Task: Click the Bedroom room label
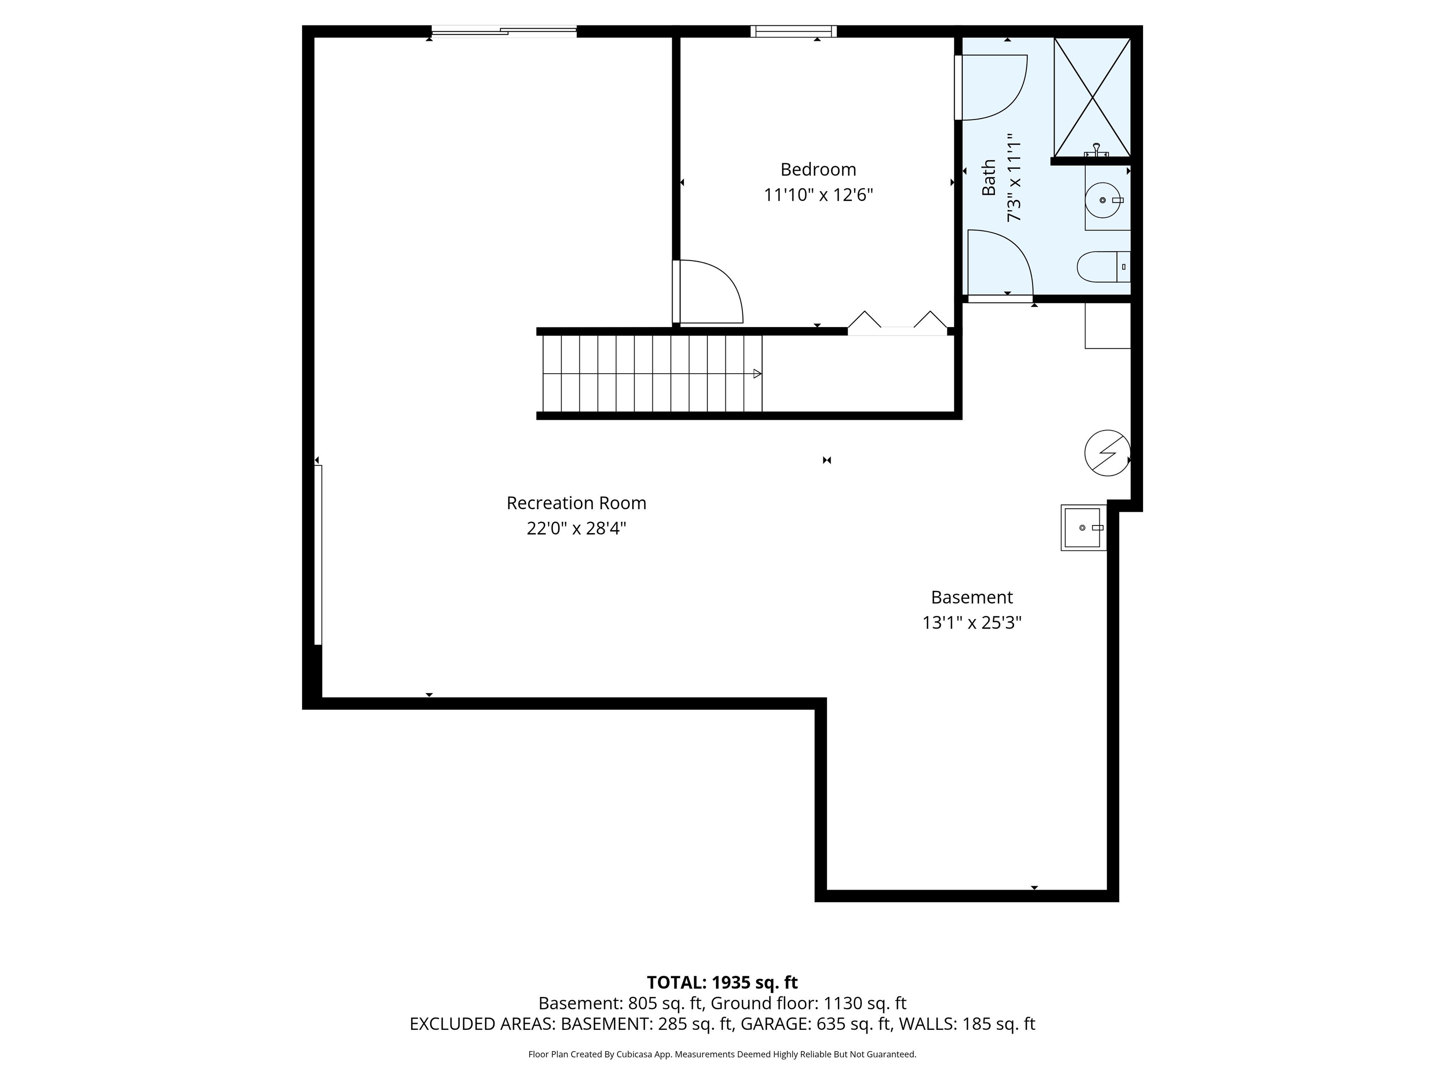click(818, 170)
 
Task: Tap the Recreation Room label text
click(576, 503)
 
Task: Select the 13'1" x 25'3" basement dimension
click(971, 623)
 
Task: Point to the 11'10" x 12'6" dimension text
click(818, 195)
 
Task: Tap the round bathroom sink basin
click(1104, 200)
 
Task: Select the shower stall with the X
click(1092, 97)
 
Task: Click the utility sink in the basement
click(1084, 527)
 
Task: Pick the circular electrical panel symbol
click(1107, 453)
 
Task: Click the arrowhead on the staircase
click(757, 374)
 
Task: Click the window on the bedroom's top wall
click(794, 31)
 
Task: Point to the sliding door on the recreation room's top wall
click(504, 31)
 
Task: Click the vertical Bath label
click(989, 178)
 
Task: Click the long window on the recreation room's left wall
click(318, 555)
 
